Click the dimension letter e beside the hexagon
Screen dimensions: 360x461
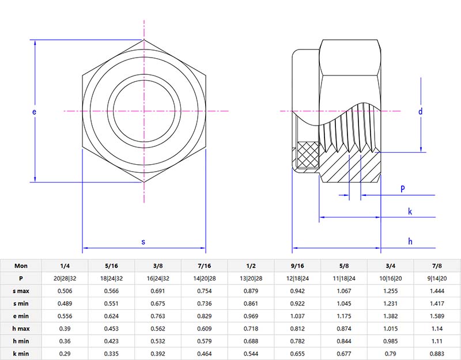point(35,111)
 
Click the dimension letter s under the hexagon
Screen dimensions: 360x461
point(143,242)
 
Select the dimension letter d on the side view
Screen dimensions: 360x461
point(421,111)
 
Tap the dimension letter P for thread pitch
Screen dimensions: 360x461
point(402,189)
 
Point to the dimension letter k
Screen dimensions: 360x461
point(410,211)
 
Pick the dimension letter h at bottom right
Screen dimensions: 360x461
point(410,241)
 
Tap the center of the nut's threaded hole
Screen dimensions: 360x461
point(143,111)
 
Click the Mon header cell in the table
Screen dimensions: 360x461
point(21,266)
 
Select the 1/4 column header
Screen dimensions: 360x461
point(65,266)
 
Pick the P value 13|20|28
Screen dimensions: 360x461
point(251,278)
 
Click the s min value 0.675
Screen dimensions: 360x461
point(158,303)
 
